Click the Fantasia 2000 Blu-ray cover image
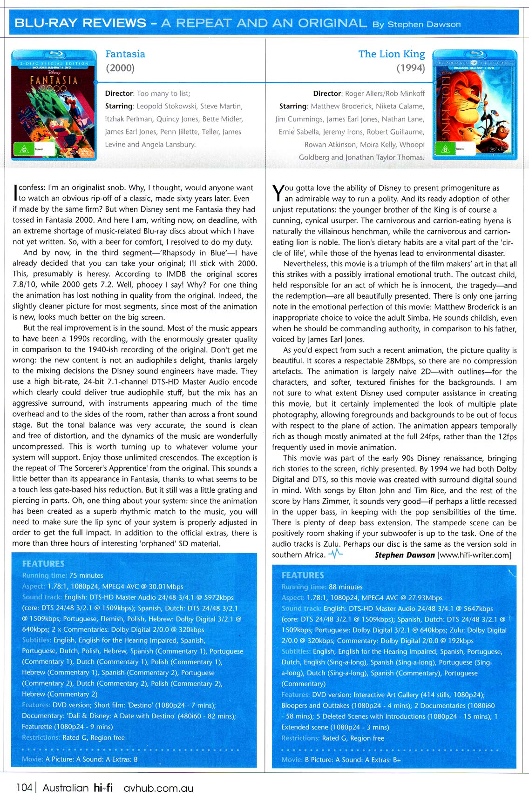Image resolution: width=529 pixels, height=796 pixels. pos(54,105)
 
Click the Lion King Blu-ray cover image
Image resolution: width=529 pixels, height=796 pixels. pos(475,105)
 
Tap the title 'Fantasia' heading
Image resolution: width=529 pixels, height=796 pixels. pos(125,54)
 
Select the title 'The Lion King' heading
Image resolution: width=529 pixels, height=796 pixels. pos(391,54)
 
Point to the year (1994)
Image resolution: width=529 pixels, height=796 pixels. pos(410,68)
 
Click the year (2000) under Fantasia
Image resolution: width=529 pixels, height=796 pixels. pos(120,68)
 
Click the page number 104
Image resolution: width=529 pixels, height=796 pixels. pos(24,787)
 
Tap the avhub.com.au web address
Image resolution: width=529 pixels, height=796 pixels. pos(158,788)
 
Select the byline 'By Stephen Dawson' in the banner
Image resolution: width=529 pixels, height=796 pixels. pos(416,24)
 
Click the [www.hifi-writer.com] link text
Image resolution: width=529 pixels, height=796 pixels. pos(474,555)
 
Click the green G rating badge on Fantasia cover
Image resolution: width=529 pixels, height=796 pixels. pos(22,150)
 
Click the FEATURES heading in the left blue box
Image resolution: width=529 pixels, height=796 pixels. pos(43,563)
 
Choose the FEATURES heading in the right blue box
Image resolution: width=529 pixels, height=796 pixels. pos(303,575)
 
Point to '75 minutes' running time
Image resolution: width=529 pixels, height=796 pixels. pos(86,575)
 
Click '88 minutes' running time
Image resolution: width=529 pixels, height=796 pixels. pos(346,587)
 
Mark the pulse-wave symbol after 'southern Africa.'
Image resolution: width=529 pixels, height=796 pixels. pos(335,554)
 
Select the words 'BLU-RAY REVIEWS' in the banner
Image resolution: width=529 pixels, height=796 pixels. pos(81,23)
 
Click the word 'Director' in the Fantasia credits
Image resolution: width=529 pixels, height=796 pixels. pos(119,94)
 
